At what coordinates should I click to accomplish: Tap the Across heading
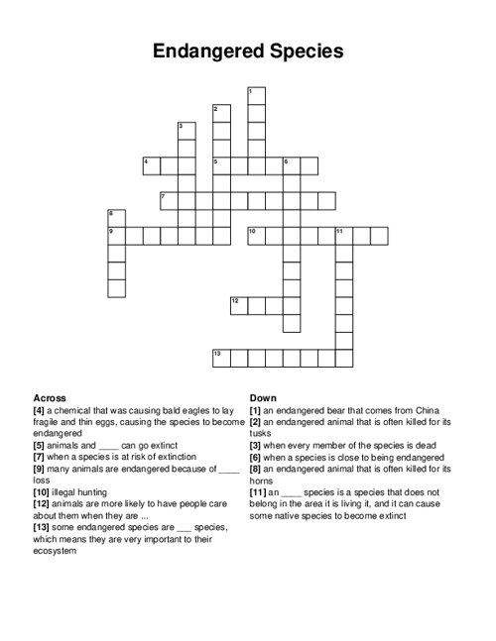click(x=50, y=397)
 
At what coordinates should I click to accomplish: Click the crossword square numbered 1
click(x=256, y=95)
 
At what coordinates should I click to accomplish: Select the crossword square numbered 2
click(x=221, y=113)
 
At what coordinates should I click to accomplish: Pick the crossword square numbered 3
click(x=186, y=131)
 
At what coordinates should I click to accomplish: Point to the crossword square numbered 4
click(x=151, y=165)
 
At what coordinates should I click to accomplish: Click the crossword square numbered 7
click(x=168, y=200)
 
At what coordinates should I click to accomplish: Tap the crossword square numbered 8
click(x=116, y=217)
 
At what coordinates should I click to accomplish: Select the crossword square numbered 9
click(x=116, y=235)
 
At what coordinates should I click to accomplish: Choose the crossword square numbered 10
click(x=256, y=235)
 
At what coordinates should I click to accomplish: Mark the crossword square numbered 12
click(x=238, y=304)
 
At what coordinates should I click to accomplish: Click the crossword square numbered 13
click(x=221, y=358)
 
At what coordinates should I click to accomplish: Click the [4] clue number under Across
click(x=40, y=409)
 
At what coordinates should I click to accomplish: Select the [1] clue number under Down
click(x=256, y=409)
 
